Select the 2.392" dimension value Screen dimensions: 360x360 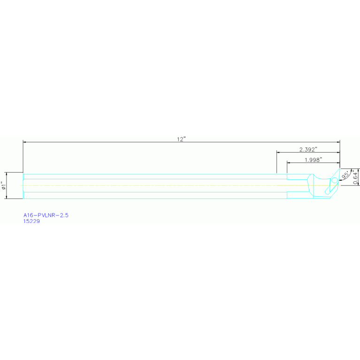308,149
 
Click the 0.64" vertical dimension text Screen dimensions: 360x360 356,177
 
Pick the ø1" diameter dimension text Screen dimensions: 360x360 3,185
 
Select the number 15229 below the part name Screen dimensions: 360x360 31,222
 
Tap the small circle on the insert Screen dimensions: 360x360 334,180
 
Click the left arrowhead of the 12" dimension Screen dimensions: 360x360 24,141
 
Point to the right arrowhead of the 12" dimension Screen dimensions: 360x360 338,141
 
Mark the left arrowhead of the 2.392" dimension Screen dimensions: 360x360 278,152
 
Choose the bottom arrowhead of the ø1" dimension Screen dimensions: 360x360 8,197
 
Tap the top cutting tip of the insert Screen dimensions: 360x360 339,169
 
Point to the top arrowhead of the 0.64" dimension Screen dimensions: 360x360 358,170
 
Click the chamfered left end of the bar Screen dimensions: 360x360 23,185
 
